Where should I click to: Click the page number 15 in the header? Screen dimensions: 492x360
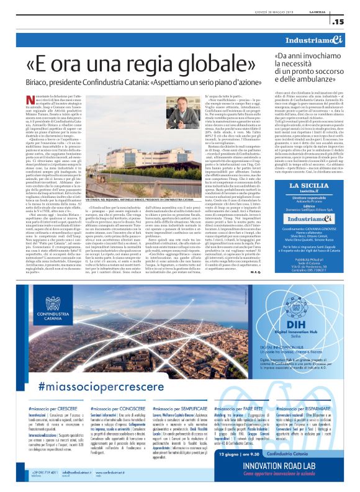tap(340, 22)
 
